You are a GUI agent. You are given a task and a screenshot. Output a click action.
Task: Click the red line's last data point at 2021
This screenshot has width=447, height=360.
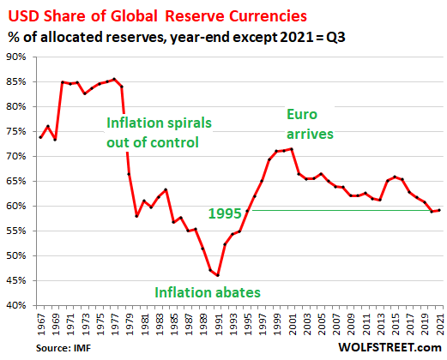440,210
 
